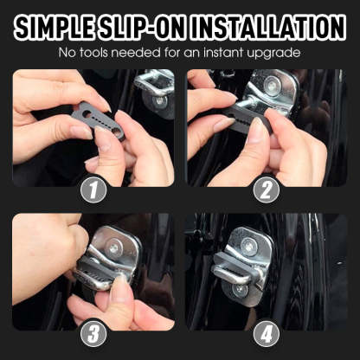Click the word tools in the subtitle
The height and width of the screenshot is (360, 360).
[x=100, y=54]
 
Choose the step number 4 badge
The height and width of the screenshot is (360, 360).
[x=266, y=332]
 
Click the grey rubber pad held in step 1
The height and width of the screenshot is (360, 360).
[x=98, y=119]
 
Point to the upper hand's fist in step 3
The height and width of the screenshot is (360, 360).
[x=43, y=251]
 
